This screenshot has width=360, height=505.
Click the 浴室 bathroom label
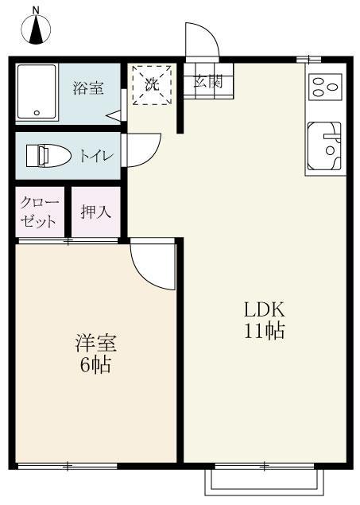click(x=88, y=87)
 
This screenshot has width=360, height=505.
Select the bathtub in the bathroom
click(x=37, y=91)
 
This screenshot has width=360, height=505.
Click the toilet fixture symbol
click(x=48, y=156)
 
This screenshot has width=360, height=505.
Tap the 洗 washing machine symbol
click(x=152, y=84)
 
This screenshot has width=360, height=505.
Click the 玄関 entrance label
click(x=207, y=81)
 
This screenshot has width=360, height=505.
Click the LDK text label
click(x=264, y=310)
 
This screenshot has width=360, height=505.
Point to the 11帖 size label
click(x=265, y=332)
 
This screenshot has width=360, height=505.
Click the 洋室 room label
click(x=96, y=344)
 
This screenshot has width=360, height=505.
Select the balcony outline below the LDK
click(x=264, y=482)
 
